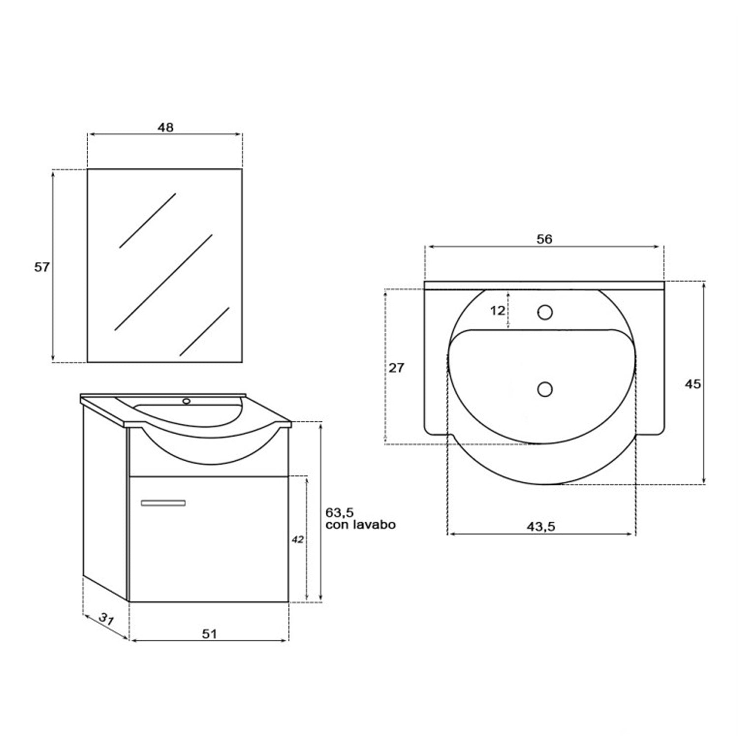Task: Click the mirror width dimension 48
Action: click(x=165, y=127)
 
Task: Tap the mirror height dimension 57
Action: click(x=42, y=267)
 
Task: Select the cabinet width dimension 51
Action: click(x=210, y=633)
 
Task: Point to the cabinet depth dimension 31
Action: click(x=106, y=618)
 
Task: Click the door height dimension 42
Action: click(x=297, y=539)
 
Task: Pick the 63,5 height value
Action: click(x=339, y=513)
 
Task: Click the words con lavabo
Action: click(x=361, y=524)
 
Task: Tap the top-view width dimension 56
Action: click(x=544, y=239)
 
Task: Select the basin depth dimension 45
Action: click(x=693, y=384)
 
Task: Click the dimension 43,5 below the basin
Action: click(x=541, y=526)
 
